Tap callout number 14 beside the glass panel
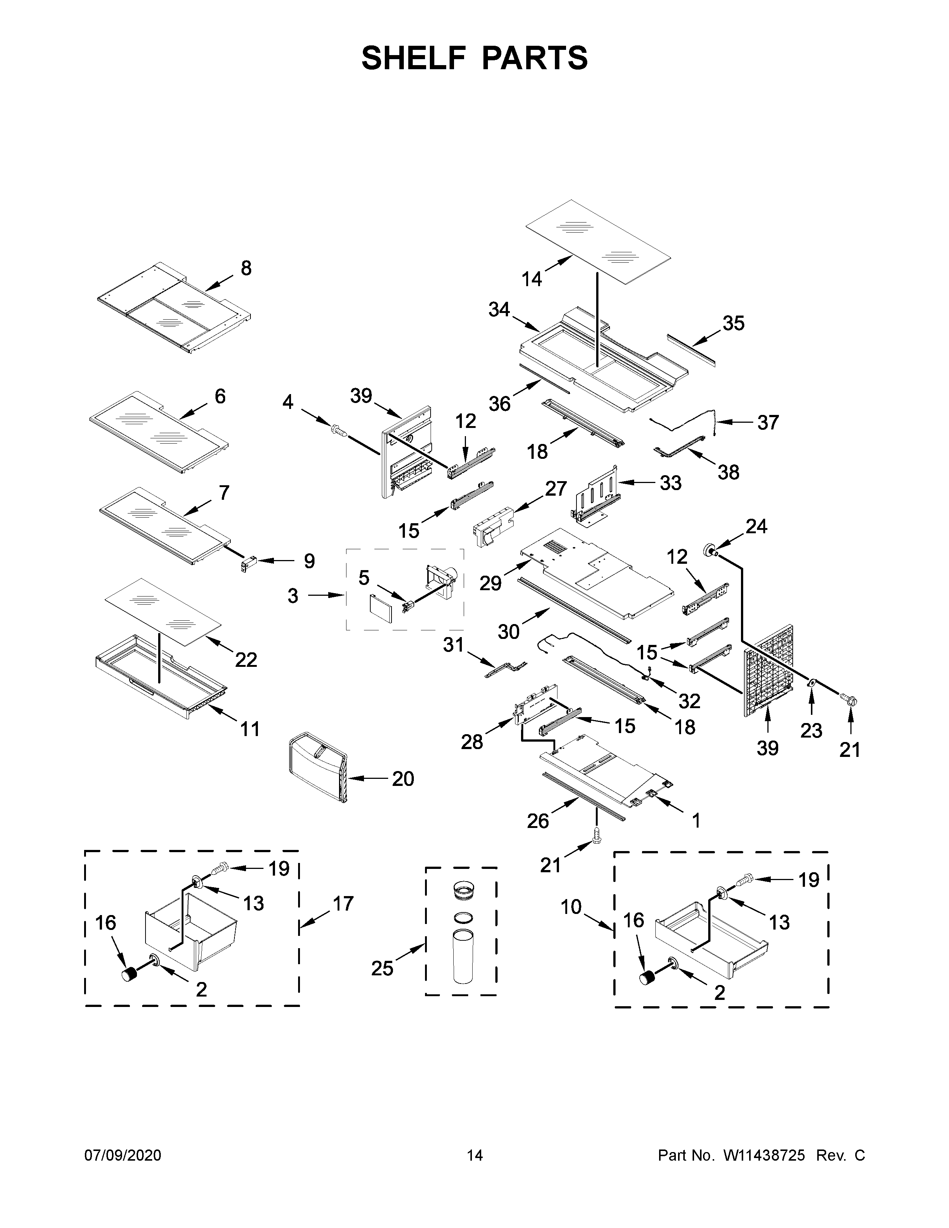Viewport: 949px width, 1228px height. pos(531,278)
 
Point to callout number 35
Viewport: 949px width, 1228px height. pos(733,323)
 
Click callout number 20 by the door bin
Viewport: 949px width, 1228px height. pos(403,779)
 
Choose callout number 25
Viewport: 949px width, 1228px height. pos(382,968)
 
